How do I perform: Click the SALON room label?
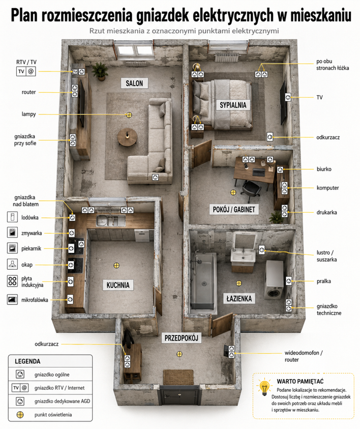tap(134, 83)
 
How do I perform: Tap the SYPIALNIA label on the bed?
tap(233, 105)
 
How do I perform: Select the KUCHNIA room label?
tap(118, 285)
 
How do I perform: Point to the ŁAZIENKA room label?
tap(239, 298)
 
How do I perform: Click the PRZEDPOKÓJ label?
tap(181, 338)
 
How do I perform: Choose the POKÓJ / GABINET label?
tap(234, 210)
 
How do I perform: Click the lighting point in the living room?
tap(129, 115)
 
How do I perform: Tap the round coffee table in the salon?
tap(127, 137)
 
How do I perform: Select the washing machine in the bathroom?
tap(274, 279)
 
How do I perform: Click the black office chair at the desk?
tap(251, 188)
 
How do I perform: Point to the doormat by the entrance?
tap(178, 377)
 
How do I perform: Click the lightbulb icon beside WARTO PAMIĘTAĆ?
tap(264, 387)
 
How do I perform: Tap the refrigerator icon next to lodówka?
tap(12, 217)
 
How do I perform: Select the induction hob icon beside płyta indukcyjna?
tap(12, 281)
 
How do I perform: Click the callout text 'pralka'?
tap(324, 281)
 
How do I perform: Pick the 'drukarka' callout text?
tap(326, 212)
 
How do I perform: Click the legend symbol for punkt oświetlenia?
tap(20, 415)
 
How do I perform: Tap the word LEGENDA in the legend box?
tap(27, 361)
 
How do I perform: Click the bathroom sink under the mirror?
tap(243, 256)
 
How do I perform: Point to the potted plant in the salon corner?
tap(100, 71)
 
